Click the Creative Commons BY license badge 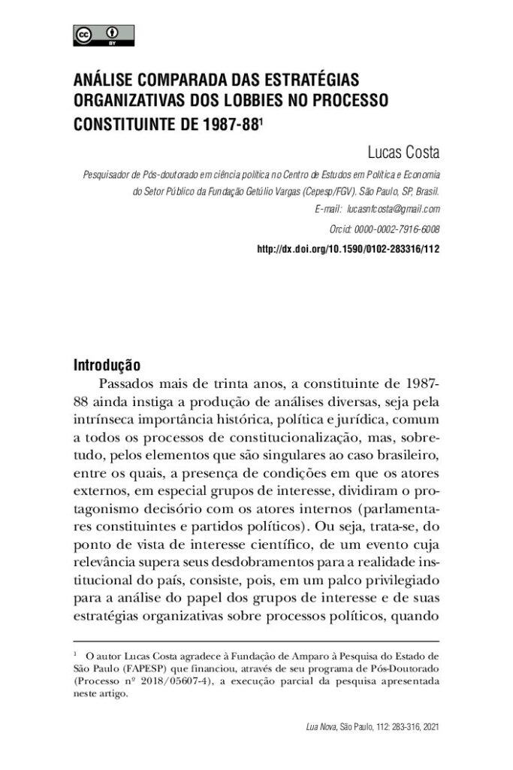coord(104,35)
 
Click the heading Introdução coord(107,366)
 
